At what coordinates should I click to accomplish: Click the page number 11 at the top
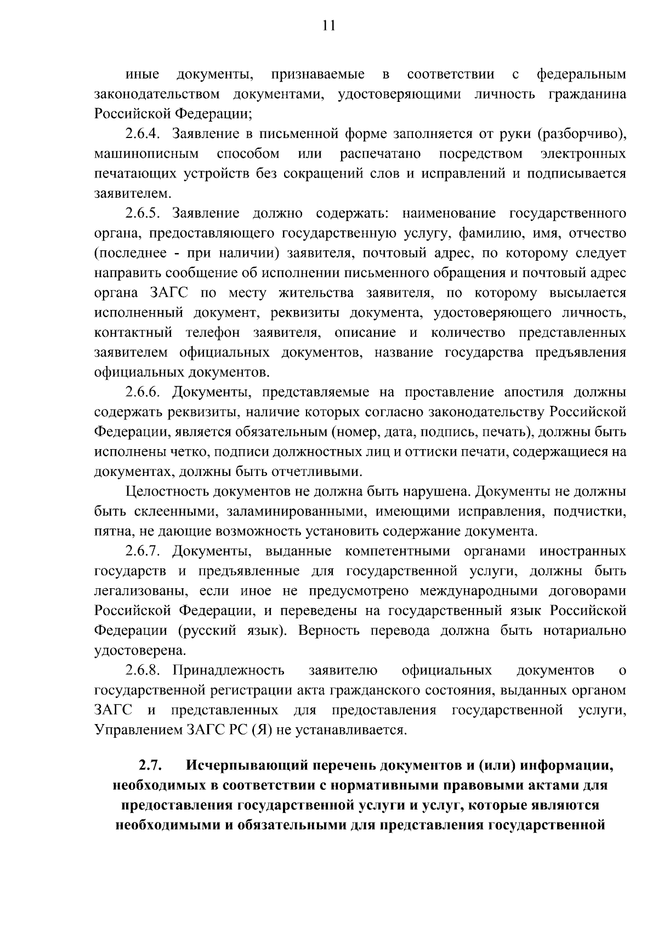328,26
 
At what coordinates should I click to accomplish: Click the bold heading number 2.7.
149,765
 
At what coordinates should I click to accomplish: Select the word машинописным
146,153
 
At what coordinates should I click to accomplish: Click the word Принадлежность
229,670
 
